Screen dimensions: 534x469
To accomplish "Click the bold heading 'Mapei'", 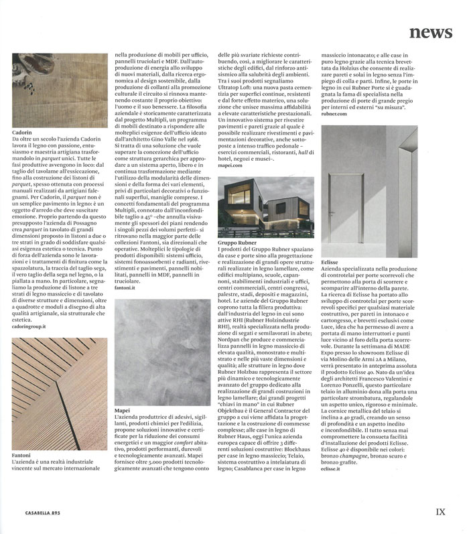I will click(123, 409).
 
